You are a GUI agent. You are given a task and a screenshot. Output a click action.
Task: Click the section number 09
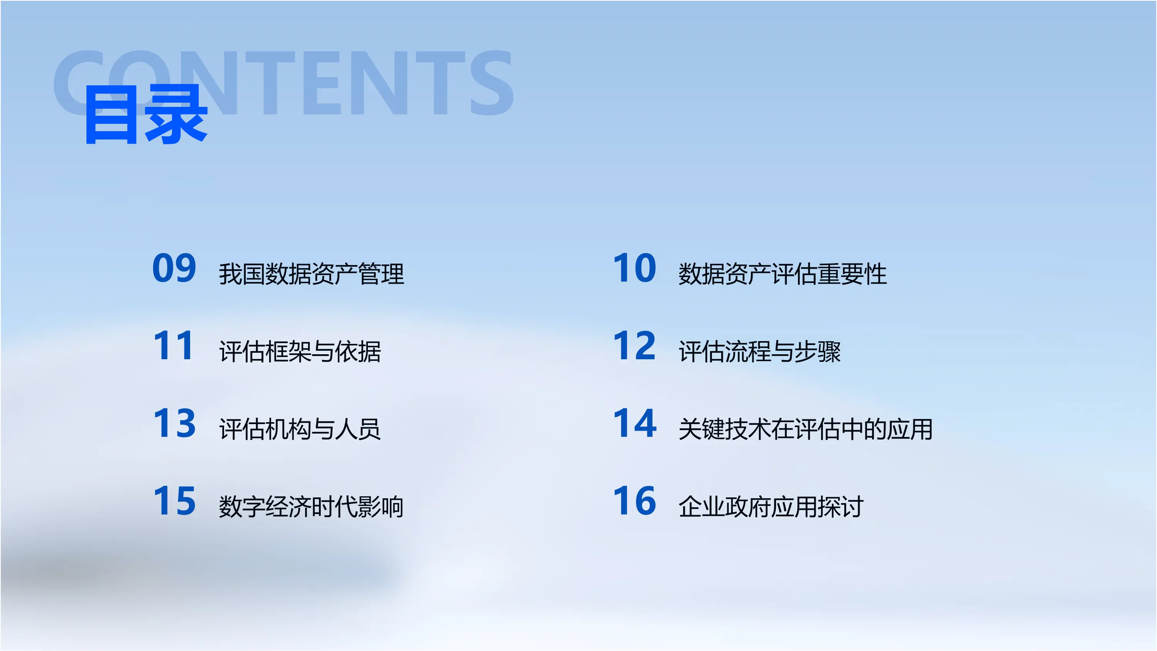click(174, 268)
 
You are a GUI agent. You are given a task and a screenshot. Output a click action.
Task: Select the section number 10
click(635, 268)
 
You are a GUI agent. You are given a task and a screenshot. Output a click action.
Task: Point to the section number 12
click(635, 345)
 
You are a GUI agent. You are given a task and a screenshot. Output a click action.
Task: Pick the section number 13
click(174, 423)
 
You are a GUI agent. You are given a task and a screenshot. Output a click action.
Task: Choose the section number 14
click(635, 423)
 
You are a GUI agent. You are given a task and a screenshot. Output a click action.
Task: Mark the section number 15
click(174, 501)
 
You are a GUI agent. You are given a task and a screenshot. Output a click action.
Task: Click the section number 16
click(635, 501)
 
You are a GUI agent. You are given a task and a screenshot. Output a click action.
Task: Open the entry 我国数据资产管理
click(311, 274)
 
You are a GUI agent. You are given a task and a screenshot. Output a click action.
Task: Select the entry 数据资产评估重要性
click(783, 274)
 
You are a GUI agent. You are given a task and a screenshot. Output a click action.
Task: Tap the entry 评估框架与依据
click(300, 351)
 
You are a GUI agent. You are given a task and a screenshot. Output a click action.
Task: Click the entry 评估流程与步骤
click(759, 351)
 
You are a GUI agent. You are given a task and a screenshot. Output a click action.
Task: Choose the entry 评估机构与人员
click(300, 429)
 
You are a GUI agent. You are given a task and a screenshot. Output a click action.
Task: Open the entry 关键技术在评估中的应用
click(806, 429)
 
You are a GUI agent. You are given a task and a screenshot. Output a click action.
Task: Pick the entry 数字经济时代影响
click(311, 507)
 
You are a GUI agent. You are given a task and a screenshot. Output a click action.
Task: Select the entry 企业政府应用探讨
click(771, 507)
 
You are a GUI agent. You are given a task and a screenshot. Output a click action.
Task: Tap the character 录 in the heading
click(176, 115)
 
